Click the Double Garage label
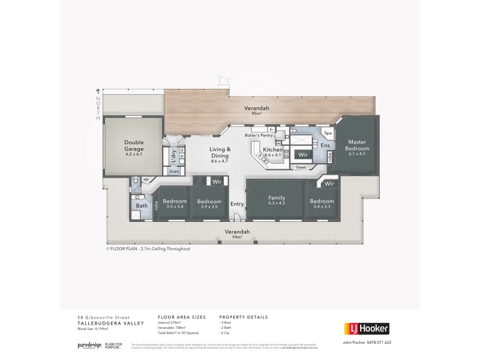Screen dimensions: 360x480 pos(133,148)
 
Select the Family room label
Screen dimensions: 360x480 pos(277,200)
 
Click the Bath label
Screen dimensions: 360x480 pos(142,206)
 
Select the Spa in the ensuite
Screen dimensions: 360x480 pos(328,133)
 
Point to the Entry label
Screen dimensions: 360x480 pos(238,204)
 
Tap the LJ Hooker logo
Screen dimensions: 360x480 pos(366,328)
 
